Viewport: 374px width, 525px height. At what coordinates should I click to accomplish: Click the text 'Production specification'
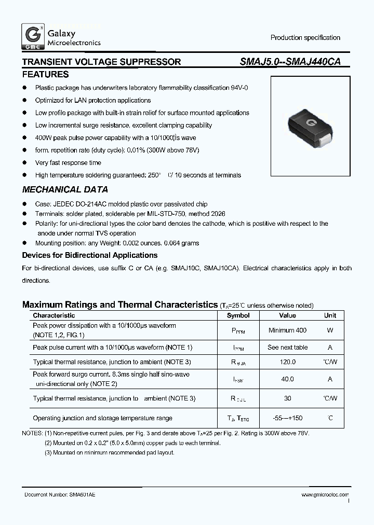[305, 38]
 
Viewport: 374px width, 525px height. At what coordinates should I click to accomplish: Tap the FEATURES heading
[45, 75]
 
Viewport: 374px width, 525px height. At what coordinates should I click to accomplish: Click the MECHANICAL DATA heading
[65, 190]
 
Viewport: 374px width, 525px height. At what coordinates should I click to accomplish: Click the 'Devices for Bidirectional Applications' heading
[89, 255]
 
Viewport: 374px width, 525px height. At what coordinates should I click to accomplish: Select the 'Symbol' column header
[238, 315]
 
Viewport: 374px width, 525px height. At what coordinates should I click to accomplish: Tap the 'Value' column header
[287, 315]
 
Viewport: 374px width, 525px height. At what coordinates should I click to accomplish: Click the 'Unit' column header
[330, 315]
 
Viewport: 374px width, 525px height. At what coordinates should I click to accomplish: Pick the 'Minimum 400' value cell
[287, 330]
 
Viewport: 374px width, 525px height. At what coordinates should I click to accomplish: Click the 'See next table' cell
[287, 348]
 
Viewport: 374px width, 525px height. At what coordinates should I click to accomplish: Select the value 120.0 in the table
[287, 362]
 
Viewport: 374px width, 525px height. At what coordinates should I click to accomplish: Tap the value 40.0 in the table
[287, 379]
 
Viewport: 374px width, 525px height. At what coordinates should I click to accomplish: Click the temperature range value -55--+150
[287, 418]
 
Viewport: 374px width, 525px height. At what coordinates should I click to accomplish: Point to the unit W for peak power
[330, 330]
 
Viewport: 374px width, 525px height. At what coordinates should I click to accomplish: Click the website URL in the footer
[325, 495]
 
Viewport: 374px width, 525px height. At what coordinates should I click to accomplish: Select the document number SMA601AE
[82, 495]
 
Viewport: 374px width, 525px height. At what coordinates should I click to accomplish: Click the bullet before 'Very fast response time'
[24, 163]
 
